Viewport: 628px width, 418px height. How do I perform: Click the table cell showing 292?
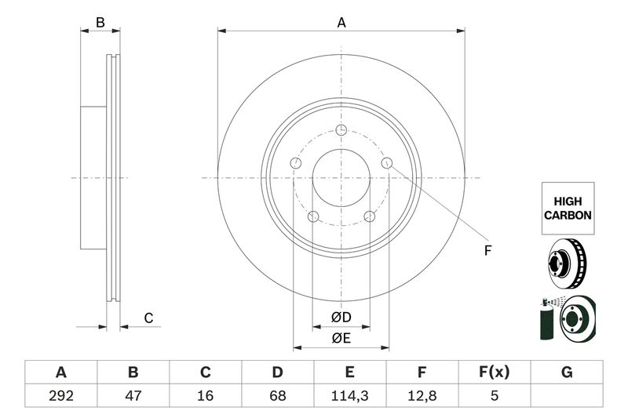(x=61, y=395)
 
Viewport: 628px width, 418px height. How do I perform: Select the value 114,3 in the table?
(x=349, y=395)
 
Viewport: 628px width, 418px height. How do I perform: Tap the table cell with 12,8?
(x=422, y=395)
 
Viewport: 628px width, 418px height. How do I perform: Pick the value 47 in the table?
(x=133, y=395)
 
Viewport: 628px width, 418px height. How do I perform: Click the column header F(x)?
(x=495, y=373)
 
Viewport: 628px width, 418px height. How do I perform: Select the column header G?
(x=567, y=373)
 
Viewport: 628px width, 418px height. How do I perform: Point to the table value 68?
(x=278, y=395)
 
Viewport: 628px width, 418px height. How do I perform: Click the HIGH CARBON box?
(x=568, y=209)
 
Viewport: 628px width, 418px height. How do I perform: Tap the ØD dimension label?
(x=341, y=317)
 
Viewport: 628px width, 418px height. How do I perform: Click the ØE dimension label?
(x=341, y=339)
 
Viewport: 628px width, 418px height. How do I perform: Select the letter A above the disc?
(x=341, y=23)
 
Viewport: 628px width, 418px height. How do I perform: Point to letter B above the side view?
(x=100, y=23)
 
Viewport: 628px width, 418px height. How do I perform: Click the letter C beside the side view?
(x=148, y=318)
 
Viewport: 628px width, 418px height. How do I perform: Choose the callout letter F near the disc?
(x=487, y=251)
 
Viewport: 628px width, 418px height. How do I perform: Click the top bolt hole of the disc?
(x=341, y=130)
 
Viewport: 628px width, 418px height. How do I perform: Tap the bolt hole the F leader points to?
(x=387, y=163)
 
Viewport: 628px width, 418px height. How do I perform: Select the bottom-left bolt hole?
(x=313, y=216)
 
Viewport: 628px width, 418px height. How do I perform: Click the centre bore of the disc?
(x=341, y=178)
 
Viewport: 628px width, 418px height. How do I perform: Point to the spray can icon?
(x=546, y=320)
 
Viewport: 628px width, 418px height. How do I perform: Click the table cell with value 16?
(x=205, y=395)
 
